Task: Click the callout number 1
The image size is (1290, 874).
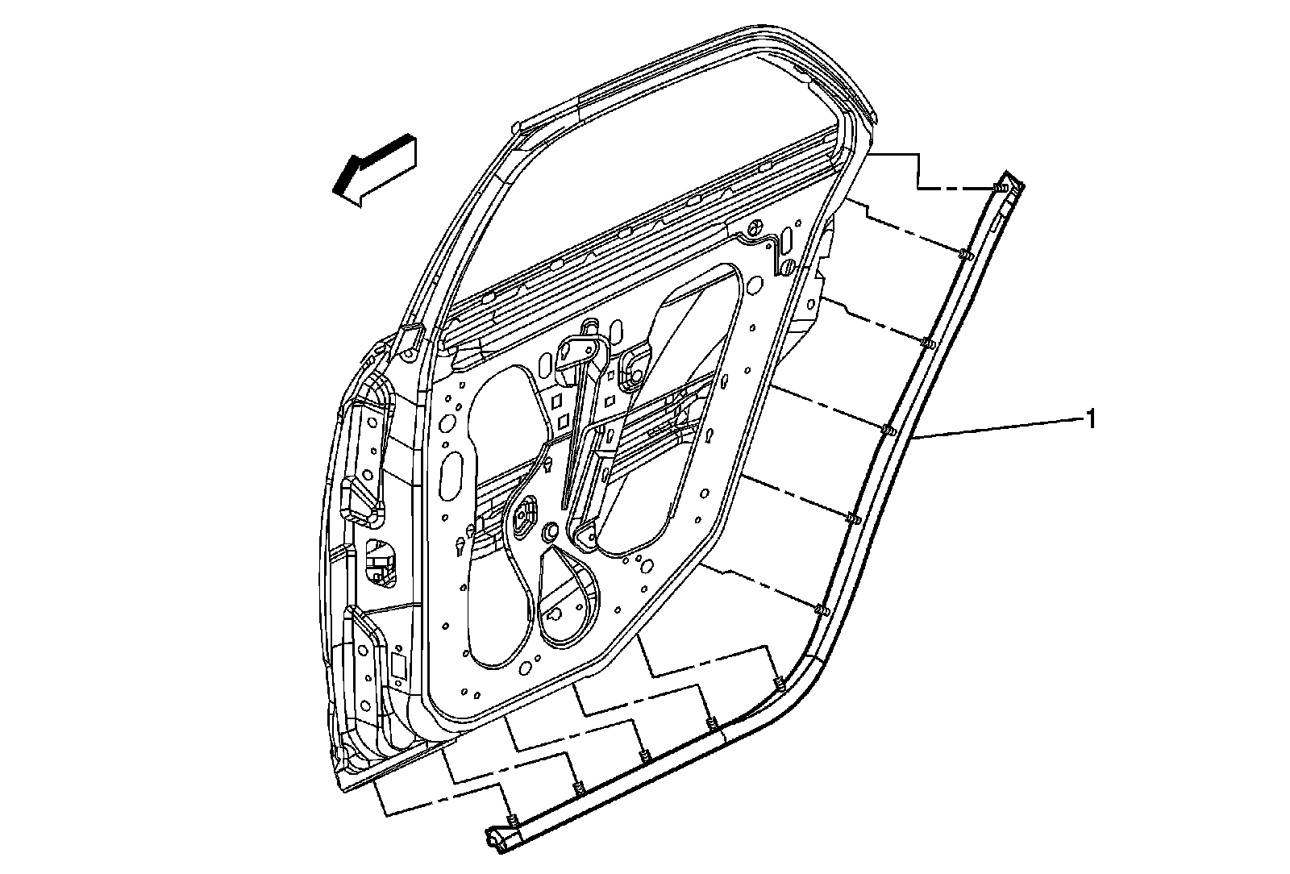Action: point(1090,418)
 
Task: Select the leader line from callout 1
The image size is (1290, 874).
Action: point(1000,427)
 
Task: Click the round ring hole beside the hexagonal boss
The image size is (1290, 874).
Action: point(551,531)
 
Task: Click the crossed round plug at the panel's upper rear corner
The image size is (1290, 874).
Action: point(758,227)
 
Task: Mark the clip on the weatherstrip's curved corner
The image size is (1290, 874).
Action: point(779,685)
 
